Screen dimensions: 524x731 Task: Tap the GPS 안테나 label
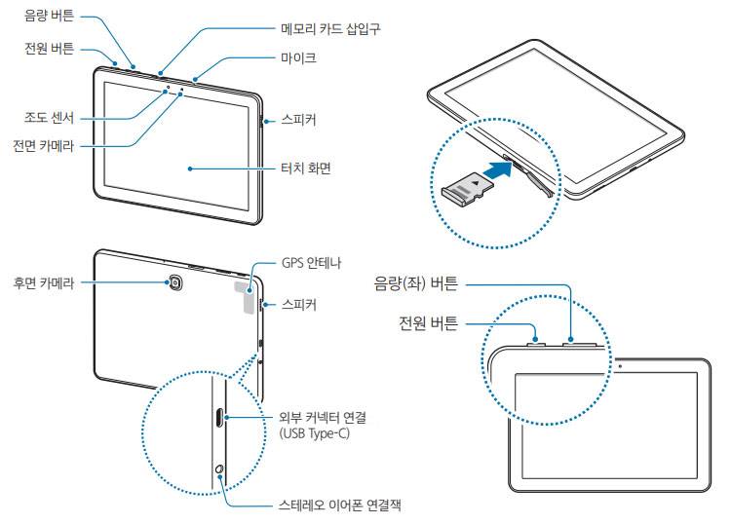tap(311, 263)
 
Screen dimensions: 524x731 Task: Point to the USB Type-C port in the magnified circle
tap(217, 418)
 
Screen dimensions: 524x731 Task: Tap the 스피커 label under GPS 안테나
tap(298, 305)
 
